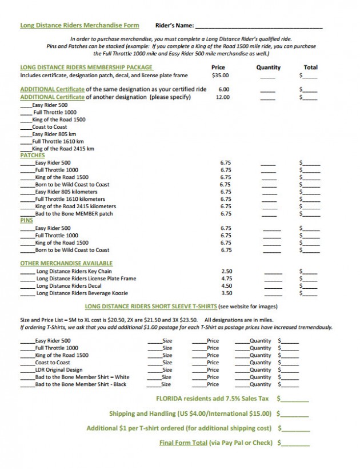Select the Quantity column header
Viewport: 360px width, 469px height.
(x=268, y=67)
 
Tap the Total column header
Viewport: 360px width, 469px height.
(x=311, y=67)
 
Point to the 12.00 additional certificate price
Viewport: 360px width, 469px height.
(x=223, y=97)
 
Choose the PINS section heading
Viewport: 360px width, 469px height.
(x=26, y=220)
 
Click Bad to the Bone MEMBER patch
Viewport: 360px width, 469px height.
(x=74, y=213)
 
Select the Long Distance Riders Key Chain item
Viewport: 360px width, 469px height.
(x=74, y=271)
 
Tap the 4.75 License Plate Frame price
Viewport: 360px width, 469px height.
(x=226, y=279)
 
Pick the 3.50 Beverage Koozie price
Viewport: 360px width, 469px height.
(x=226, y=293)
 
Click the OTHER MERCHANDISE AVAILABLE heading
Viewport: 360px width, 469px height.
(x=66, y=263)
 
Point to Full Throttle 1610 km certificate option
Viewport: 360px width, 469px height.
(x=58, y=141)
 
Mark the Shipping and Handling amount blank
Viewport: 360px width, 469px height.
(x=295, y=414)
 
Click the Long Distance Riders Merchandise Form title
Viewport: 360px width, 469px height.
(x=79, y=25)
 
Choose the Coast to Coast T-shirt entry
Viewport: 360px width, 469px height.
(x=53, y=362)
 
